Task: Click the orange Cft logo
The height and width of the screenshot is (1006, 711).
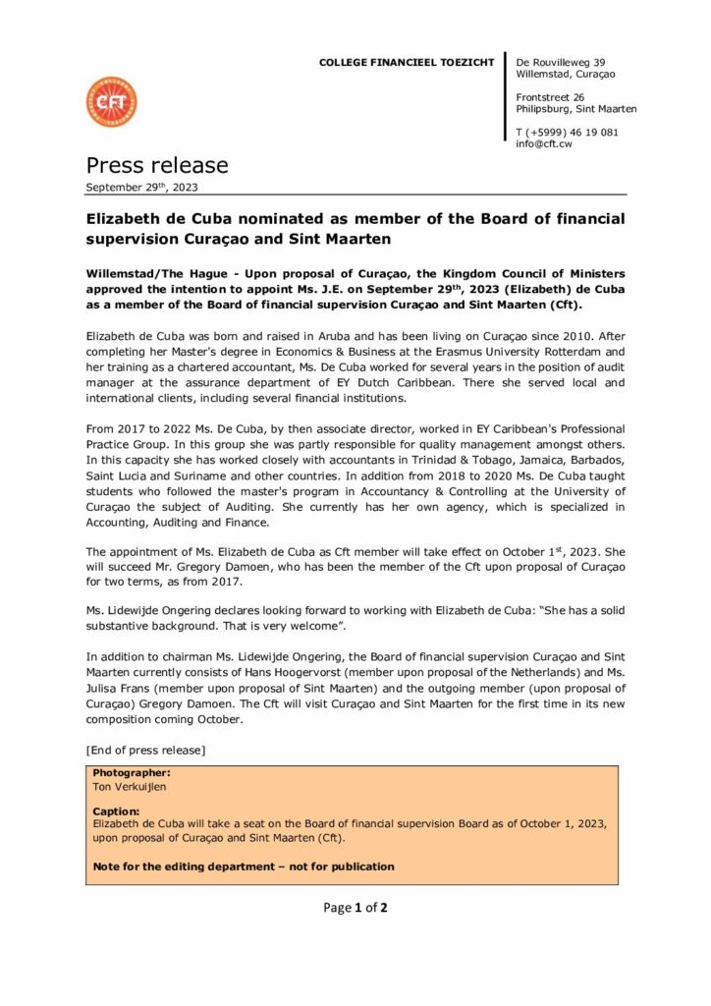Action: click(111, 102)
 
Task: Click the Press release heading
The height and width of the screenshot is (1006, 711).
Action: click(157, 165)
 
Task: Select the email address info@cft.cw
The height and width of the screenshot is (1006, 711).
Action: click(544, 144)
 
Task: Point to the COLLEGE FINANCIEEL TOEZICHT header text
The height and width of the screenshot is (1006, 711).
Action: click(407, 63)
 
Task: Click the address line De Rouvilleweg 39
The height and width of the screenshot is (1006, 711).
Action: click(561, 63)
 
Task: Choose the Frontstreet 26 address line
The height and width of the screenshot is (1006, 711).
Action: click(550, 97)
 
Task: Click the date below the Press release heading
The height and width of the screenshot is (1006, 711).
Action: click(141, 187)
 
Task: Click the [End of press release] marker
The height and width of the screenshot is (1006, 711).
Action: click(145, 751)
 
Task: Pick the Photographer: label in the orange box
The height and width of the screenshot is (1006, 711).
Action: click(132, 773)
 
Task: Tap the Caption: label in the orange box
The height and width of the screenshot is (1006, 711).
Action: click(117, 811)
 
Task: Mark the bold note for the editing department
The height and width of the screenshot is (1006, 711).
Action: click(244, 866)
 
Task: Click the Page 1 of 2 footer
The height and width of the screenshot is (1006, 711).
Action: click(355, 908)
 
